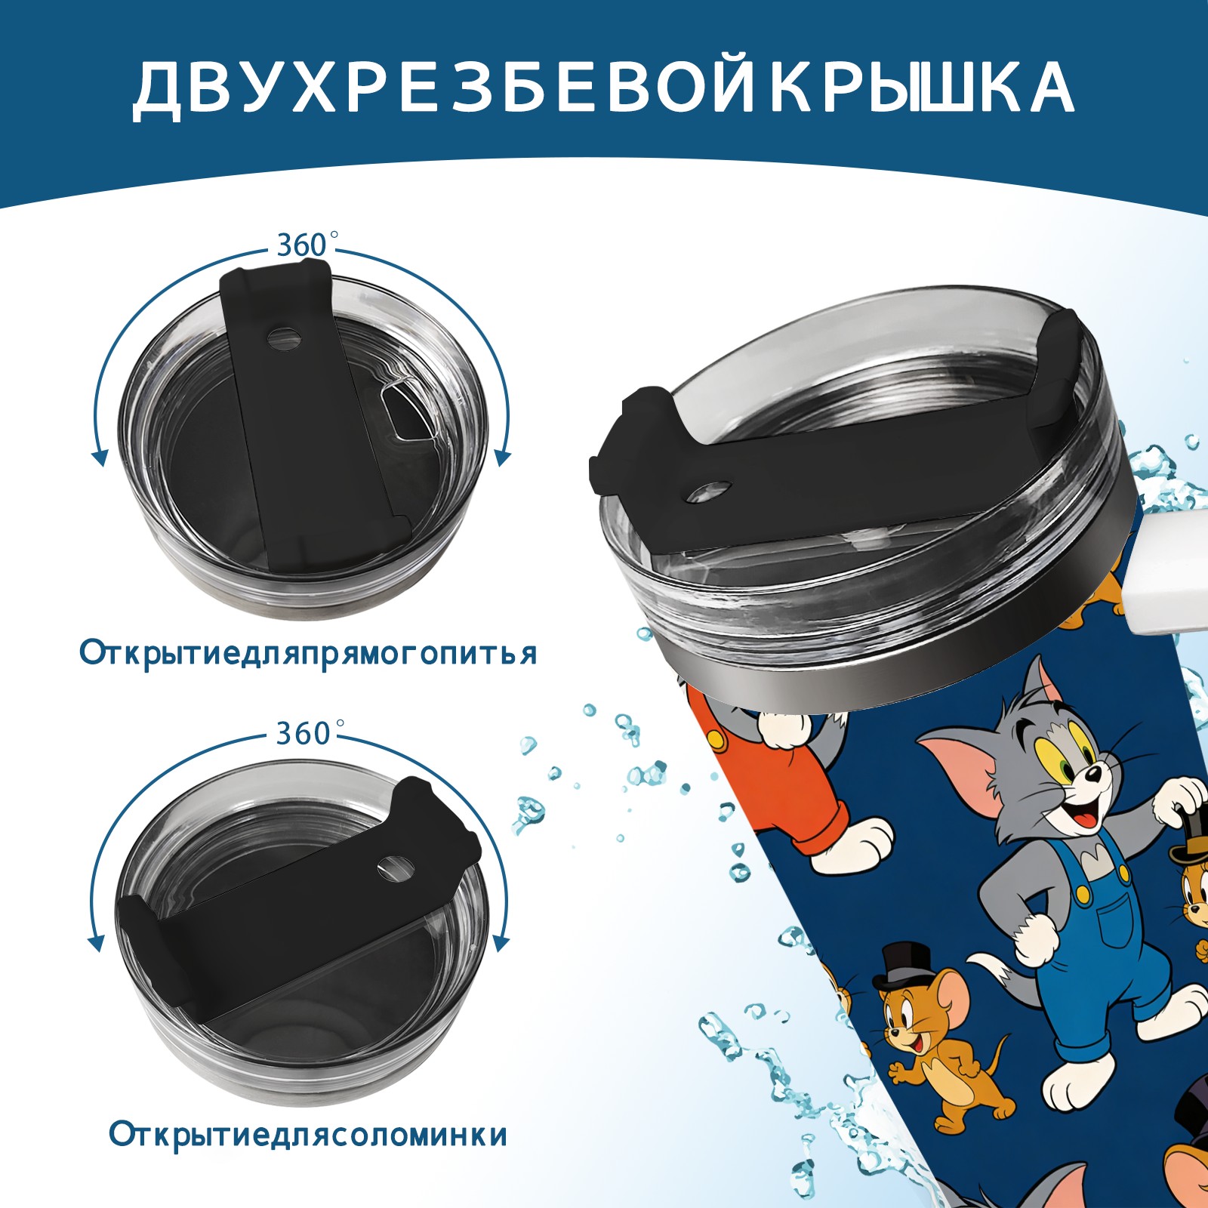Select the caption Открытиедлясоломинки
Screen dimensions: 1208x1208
point(308,1135)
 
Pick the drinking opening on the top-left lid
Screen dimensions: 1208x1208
point(405,412)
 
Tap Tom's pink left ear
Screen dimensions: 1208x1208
point(959,770)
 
